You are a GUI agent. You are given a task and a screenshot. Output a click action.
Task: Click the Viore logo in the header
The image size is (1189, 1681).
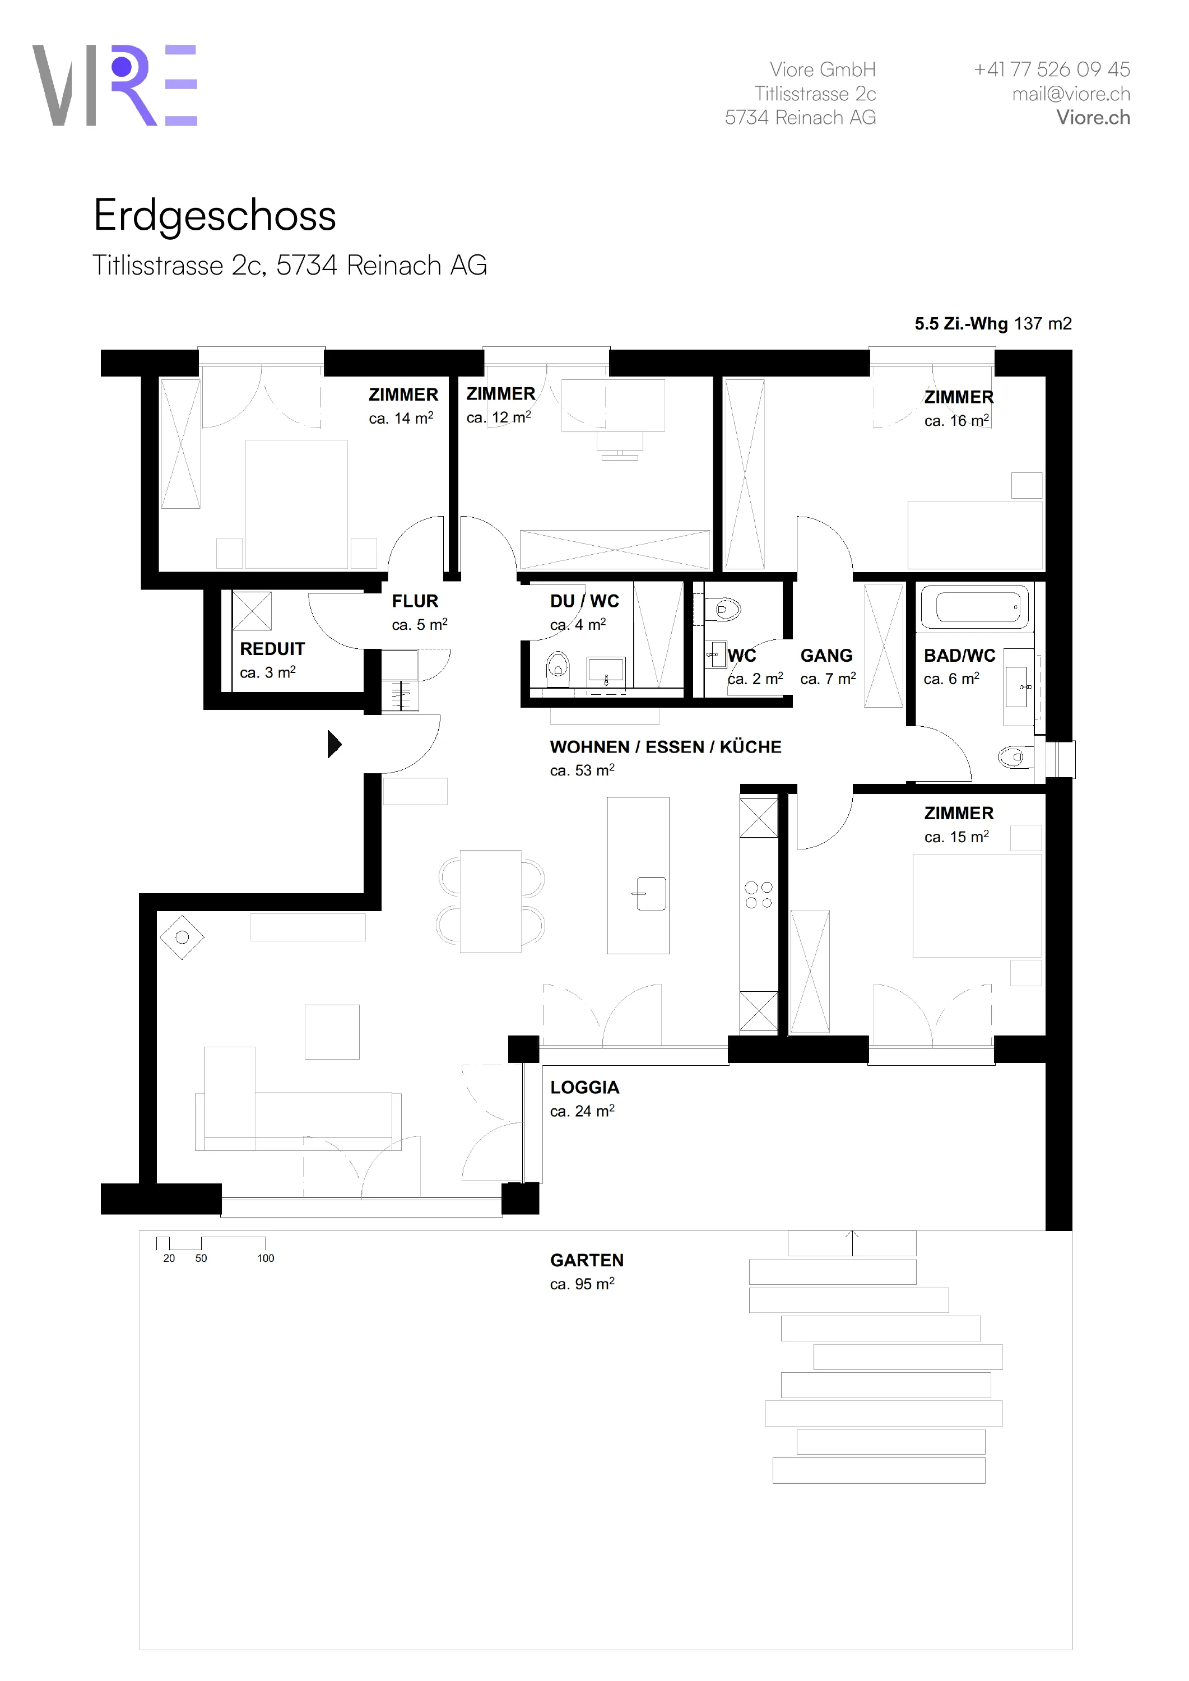tap(115, 85)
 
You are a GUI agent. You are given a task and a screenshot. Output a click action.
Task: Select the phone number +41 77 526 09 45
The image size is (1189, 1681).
tap(1051, 69)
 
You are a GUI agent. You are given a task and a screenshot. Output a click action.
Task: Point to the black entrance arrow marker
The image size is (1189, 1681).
tap(335, 744)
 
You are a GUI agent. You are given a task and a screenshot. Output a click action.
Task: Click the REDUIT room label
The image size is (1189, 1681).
tap(272, 649)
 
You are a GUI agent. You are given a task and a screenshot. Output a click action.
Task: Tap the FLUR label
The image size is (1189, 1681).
tap(415, 601)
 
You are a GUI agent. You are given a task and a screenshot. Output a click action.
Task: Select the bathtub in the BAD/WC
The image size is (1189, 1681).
tap(974, 607)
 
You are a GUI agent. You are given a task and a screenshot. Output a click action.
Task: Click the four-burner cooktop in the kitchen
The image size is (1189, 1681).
tap(759, 895)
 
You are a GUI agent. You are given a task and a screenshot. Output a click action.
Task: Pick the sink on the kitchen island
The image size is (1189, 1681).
tap(651, 893)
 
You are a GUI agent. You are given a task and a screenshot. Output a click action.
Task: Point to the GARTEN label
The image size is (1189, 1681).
tap(587, 1260)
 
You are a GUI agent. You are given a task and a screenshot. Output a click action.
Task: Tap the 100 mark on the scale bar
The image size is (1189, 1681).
tap(266, 1258)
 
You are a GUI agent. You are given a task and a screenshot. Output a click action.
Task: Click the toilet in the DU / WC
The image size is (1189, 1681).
tap(558, 666)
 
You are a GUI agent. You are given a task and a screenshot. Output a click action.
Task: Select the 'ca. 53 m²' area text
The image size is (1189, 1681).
tap(582, 770)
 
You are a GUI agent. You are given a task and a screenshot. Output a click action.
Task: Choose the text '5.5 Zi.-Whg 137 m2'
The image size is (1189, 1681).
tap(993, 324)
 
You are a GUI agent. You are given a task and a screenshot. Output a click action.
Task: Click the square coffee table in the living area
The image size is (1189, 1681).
tap(332, 1032)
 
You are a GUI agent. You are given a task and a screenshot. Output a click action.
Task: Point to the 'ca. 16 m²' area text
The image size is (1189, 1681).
tap(956, 420)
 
